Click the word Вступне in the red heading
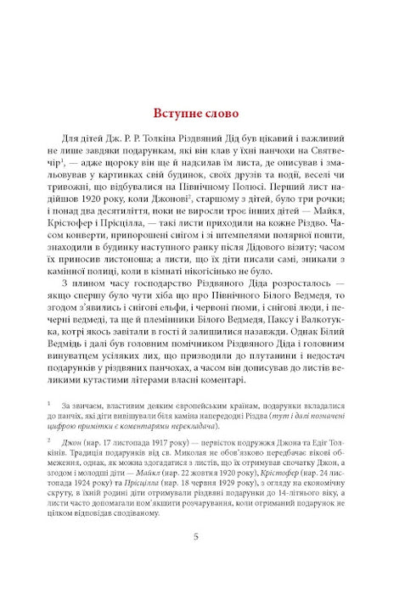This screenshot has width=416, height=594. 182,113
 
